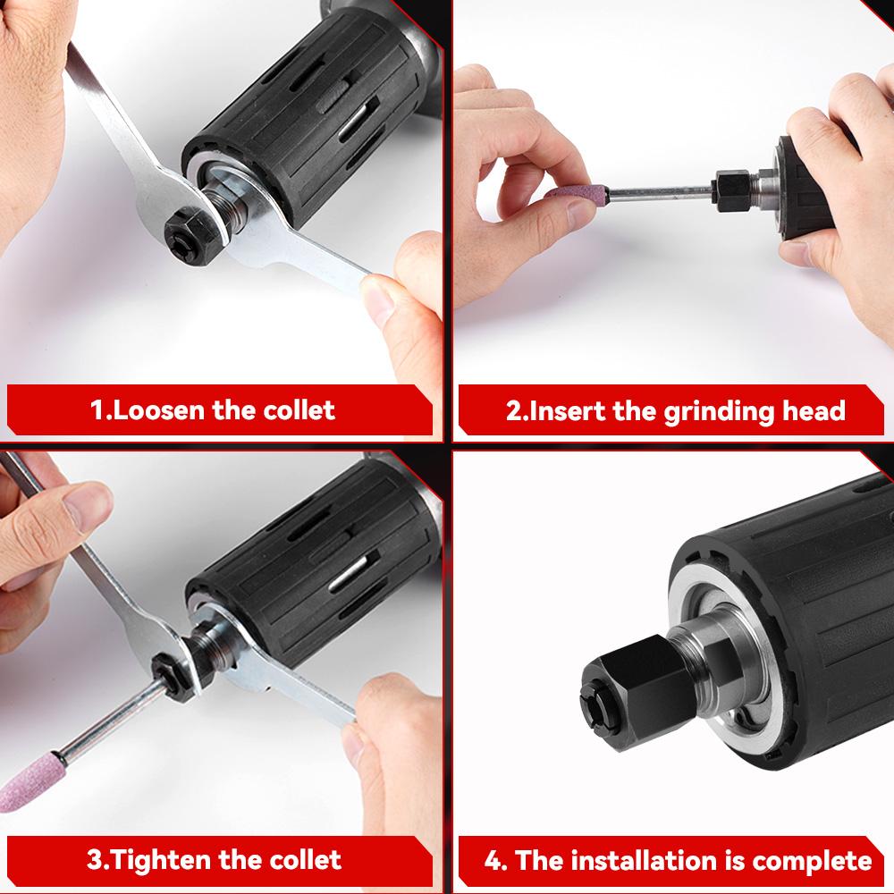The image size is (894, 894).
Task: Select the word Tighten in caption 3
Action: (162, 860)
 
